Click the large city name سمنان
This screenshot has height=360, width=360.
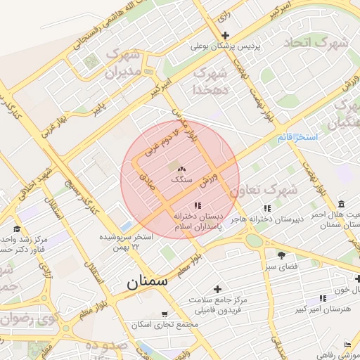click(148, 283)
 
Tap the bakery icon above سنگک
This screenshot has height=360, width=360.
click(181, 169)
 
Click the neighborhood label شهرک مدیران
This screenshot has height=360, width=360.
click(124, 62)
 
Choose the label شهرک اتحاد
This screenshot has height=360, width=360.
click(316, 42)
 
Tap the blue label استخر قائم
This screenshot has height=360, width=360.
click(297, 136)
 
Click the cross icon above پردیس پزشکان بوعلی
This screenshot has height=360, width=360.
click(225, 36)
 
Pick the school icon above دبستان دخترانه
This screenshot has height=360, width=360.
click(198, 205)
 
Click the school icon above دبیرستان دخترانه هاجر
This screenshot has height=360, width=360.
click(266, 208)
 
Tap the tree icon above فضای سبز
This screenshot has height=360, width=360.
click(282, 255)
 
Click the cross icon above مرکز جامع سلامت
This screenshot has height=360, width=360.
click(217, 288)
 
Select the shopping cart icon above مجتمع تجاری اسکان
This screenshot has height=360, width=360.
click(165, 314)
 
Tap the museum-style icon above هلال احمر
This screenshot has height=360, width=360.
click(342, 202)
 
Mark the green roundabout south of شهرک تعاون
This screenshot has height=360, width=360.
click(254, 240)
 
